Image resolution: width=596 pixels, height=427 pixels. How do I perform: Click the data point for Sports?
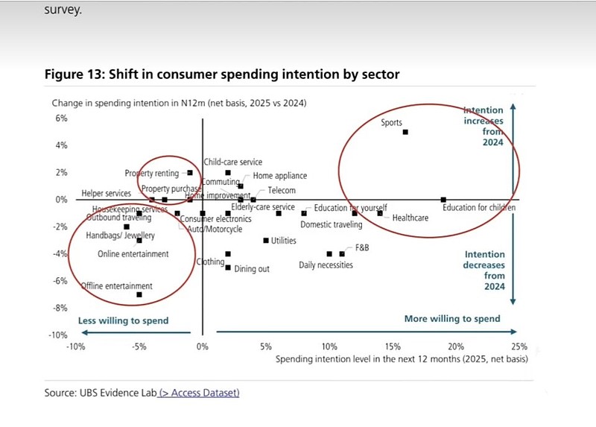[x=405, y=132]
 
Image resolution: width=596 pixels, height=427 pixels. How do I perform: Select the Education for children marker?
[x=443, y=200]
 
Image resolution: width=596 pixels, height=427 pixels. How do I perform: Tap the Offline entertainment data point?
[x=139, y=295]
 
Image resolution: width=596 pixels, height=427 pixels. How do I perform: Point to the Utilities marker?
[x=266, y=241]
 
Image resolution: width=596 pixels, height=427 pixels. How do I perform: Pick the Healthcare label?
[x=410, y=218]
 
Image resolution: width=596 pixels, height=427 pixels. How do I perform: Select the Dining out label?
[x=252, y=269]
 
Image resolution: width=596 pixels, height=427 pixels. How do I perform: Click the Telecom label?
[x=282, y=191]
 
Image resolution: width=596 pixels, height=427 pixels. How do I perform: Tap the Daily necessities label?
[x=326, y=265]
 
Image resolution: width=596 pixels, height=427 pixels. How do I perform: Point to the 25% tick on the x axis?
[x=519, y=347]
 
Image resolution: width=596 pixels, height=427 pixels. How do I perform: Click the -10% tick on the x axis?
[x=75, y=347]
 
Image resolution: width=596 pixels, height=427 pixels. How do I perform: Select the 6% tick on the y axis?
[x=59, y=118]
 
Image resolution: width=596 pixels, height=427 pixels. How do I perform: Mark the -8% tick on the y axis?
[x=58, y=308]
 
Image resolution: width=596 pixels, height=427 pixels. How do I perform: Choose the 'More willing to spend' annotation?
[x=451, y=319]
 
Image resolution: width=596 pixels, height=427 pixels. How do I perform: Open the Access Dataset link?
[x=200, y=393]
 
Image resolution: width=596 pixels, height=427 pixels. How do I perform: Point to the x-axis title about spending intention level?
[x=402, y=359]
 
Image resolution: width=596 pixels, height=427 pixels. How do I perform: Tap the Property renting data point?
[x=190, y=173]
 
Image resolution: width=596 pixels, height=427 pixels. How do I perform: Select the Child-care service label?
[x=232, y=162]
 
